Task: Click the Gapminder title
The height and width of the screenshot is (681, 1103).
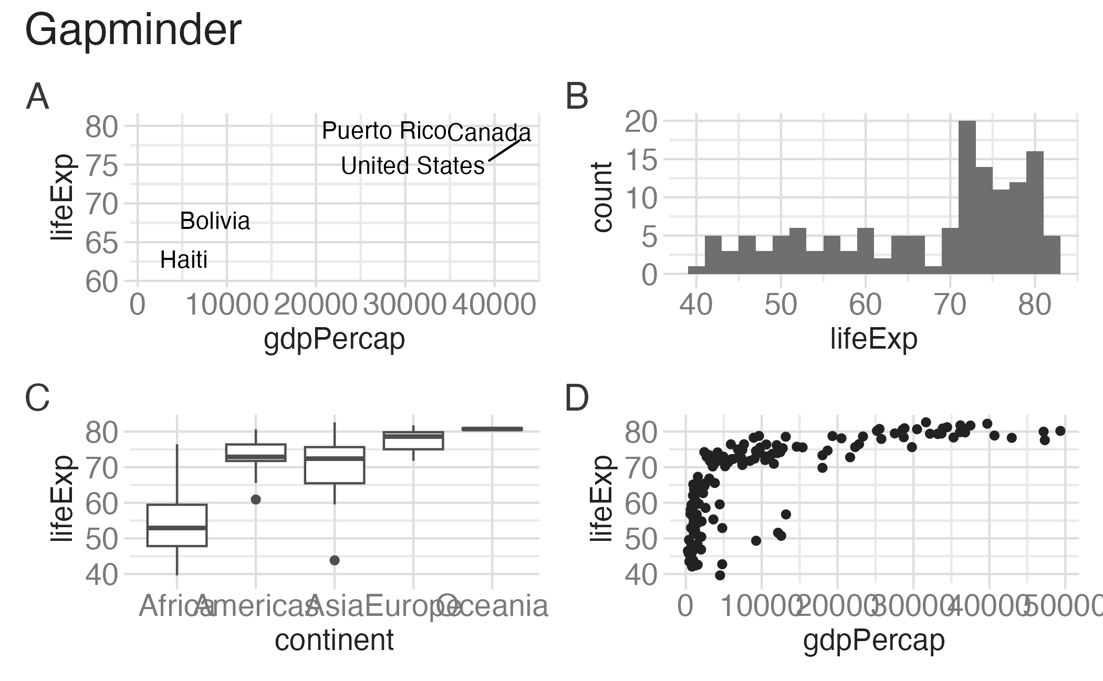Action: (x=133, y=30)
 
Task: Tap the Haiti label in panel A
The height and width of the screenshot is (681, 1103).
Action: (x=184, y=260)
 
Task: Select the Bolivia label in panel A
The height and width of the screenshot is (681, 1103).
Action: (x=215, y=221)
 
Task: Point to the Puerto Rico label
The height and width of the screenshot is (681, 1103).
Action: (x=384, y=131)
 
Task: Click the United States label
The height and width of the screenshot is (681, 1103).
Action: (x=413, y=166)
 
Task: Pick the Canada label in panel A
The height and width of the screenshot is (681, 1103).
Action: (x=489, y=132)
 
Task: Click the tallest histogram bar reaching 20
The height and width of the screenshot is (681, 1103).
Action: (x=967, y=197)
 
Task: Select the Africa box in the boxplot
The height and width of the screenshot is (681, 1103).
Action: (x=177, y=525)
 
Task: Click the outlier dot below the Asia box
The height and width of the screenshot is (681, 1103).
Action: (x=335, y=560)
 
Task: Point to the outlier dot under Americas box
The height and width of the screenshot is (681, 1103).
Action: (x=256, y=499)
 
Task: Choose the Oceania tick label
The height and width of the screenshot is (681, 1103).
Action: (x=493, y=606)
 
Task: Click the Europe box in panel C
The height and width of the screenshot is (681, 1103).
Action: (x=413, y=441)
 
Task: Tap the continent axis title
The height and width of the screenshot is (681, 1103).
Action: (x=334, y=640)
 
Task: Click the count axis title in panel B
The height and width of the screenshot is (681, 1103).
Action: (x=602, y=197)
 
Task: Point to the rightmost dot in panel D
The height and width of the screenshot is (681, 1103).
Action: (x=1060, y=431)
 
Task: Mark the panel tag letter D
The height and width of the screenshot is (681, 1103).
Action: (x=576, y=399)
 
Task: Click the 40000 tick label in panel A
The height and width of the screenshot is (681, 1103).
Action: (x=494, y=305)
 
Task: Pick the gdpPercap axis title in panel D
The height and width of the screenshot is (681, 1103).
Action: (x=873, y=640)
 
